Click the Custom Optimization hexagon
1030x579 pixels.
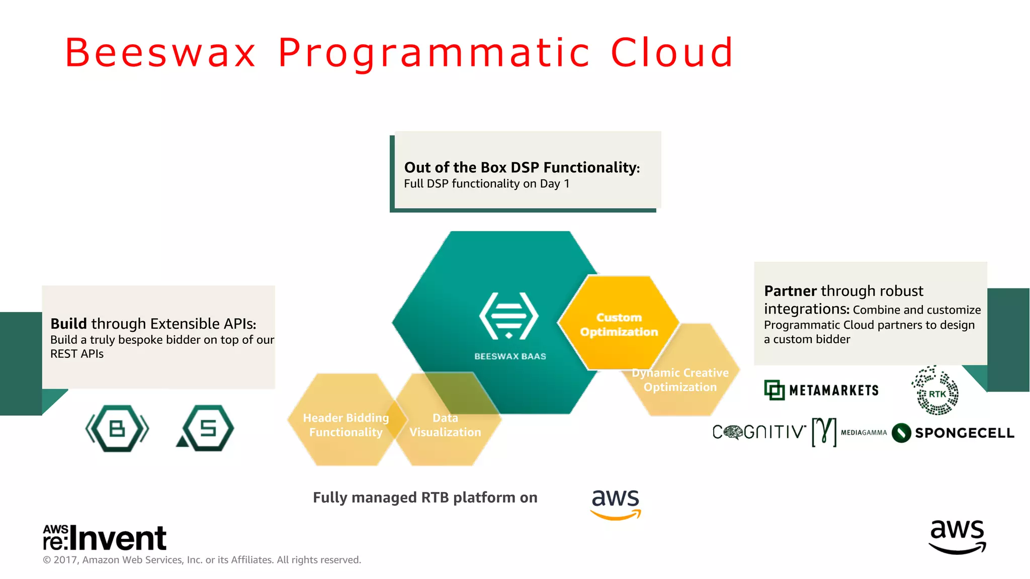pyautogui.click(x=619, y=324)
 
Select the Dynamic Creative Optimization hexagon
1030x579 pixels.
pyautogui.click(x=680, y=380)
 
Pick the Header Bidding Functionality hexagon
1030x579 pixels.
pyautogui.click(x=346, y=425)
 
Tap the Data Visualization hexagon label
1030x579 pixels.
pyautogui.click(x=445, y=425)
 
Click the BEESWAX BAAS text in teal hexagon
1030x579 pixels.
pyautogui.click(x=510, y=356)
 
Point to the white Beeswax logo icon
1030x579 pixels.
pyautogui.click(x=509, y=316)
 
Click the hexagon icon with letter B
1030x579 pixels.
pyautogui.click(x=117, y=429)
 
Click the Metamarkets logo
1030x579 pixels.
pyautogui.click(x=821, y=390)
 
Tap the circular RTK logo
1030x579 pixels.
pyautogui.click(x=935, y=393)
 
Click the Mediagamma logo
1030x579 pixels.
pyautogui.click(x=849, y=432)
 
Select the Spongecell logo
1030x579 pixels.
pyautogui.click(x=953, y=433)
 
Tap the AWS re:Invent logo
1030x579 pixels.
pyautogui.click(x=105, y=537)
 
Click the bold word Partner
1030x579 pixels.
pyautogui.click(x=790, y=291)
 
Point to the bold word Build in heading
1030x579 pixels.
pyautogui.click(x=69, y=324)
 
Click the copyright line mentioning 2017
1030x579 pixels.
pyautogui.click(x=202, y=560)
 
